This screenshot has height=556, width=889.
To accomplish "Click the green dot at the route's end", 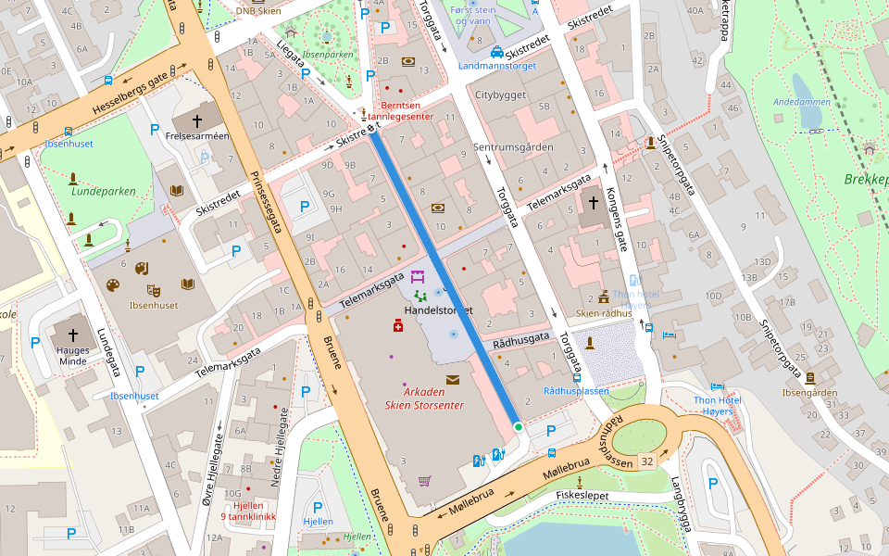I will coord(519,426).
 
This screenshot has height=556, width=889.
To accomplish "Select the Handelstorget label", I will coord(438,310).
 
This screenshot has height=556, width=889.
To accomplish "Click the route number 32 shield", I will coord(646,461).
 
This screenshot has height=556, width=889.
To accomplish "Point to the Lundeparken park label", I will coord(104,192).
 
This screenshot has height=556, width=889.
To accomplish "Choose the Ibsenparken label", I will coord(328,55).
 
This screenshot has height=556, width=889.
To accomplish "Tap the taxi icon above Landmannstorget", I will coord(497,52).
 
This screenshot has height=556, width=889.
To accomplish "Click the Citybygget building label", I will coord(500,95).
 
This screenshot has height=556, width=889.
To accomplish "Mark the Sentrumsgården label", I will coord(512,147).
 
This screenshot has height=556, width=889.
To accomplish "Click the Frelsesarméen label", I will coord(196,136).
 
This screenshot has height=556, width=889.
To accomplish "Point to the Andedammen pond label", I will coord(799,101).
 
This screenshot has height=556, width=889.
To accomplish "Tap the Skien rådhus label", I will coord(604,313).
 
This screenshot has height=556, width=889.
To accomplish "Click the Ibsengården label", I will coord(809,392).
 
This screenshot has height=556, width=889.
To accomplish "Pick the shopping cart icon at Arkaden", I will coord(424,480).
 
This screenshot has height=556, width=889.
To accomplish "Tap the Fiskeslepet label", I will coord(582,495).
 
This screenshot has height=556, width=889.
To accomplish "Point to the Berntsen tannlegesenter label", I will coord(401,111).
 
